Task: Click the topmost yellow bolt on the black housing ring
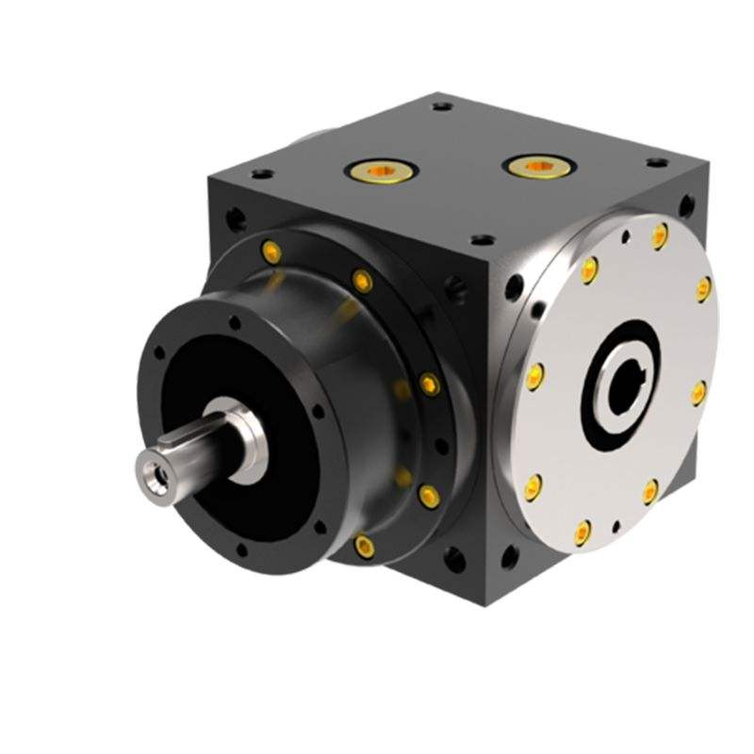[270, 251]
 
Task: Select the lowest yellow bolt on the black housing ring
[364, 546]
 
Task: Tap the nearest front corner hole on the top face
[482, 240]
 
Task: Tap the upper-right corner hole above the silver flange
[685, 205]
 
